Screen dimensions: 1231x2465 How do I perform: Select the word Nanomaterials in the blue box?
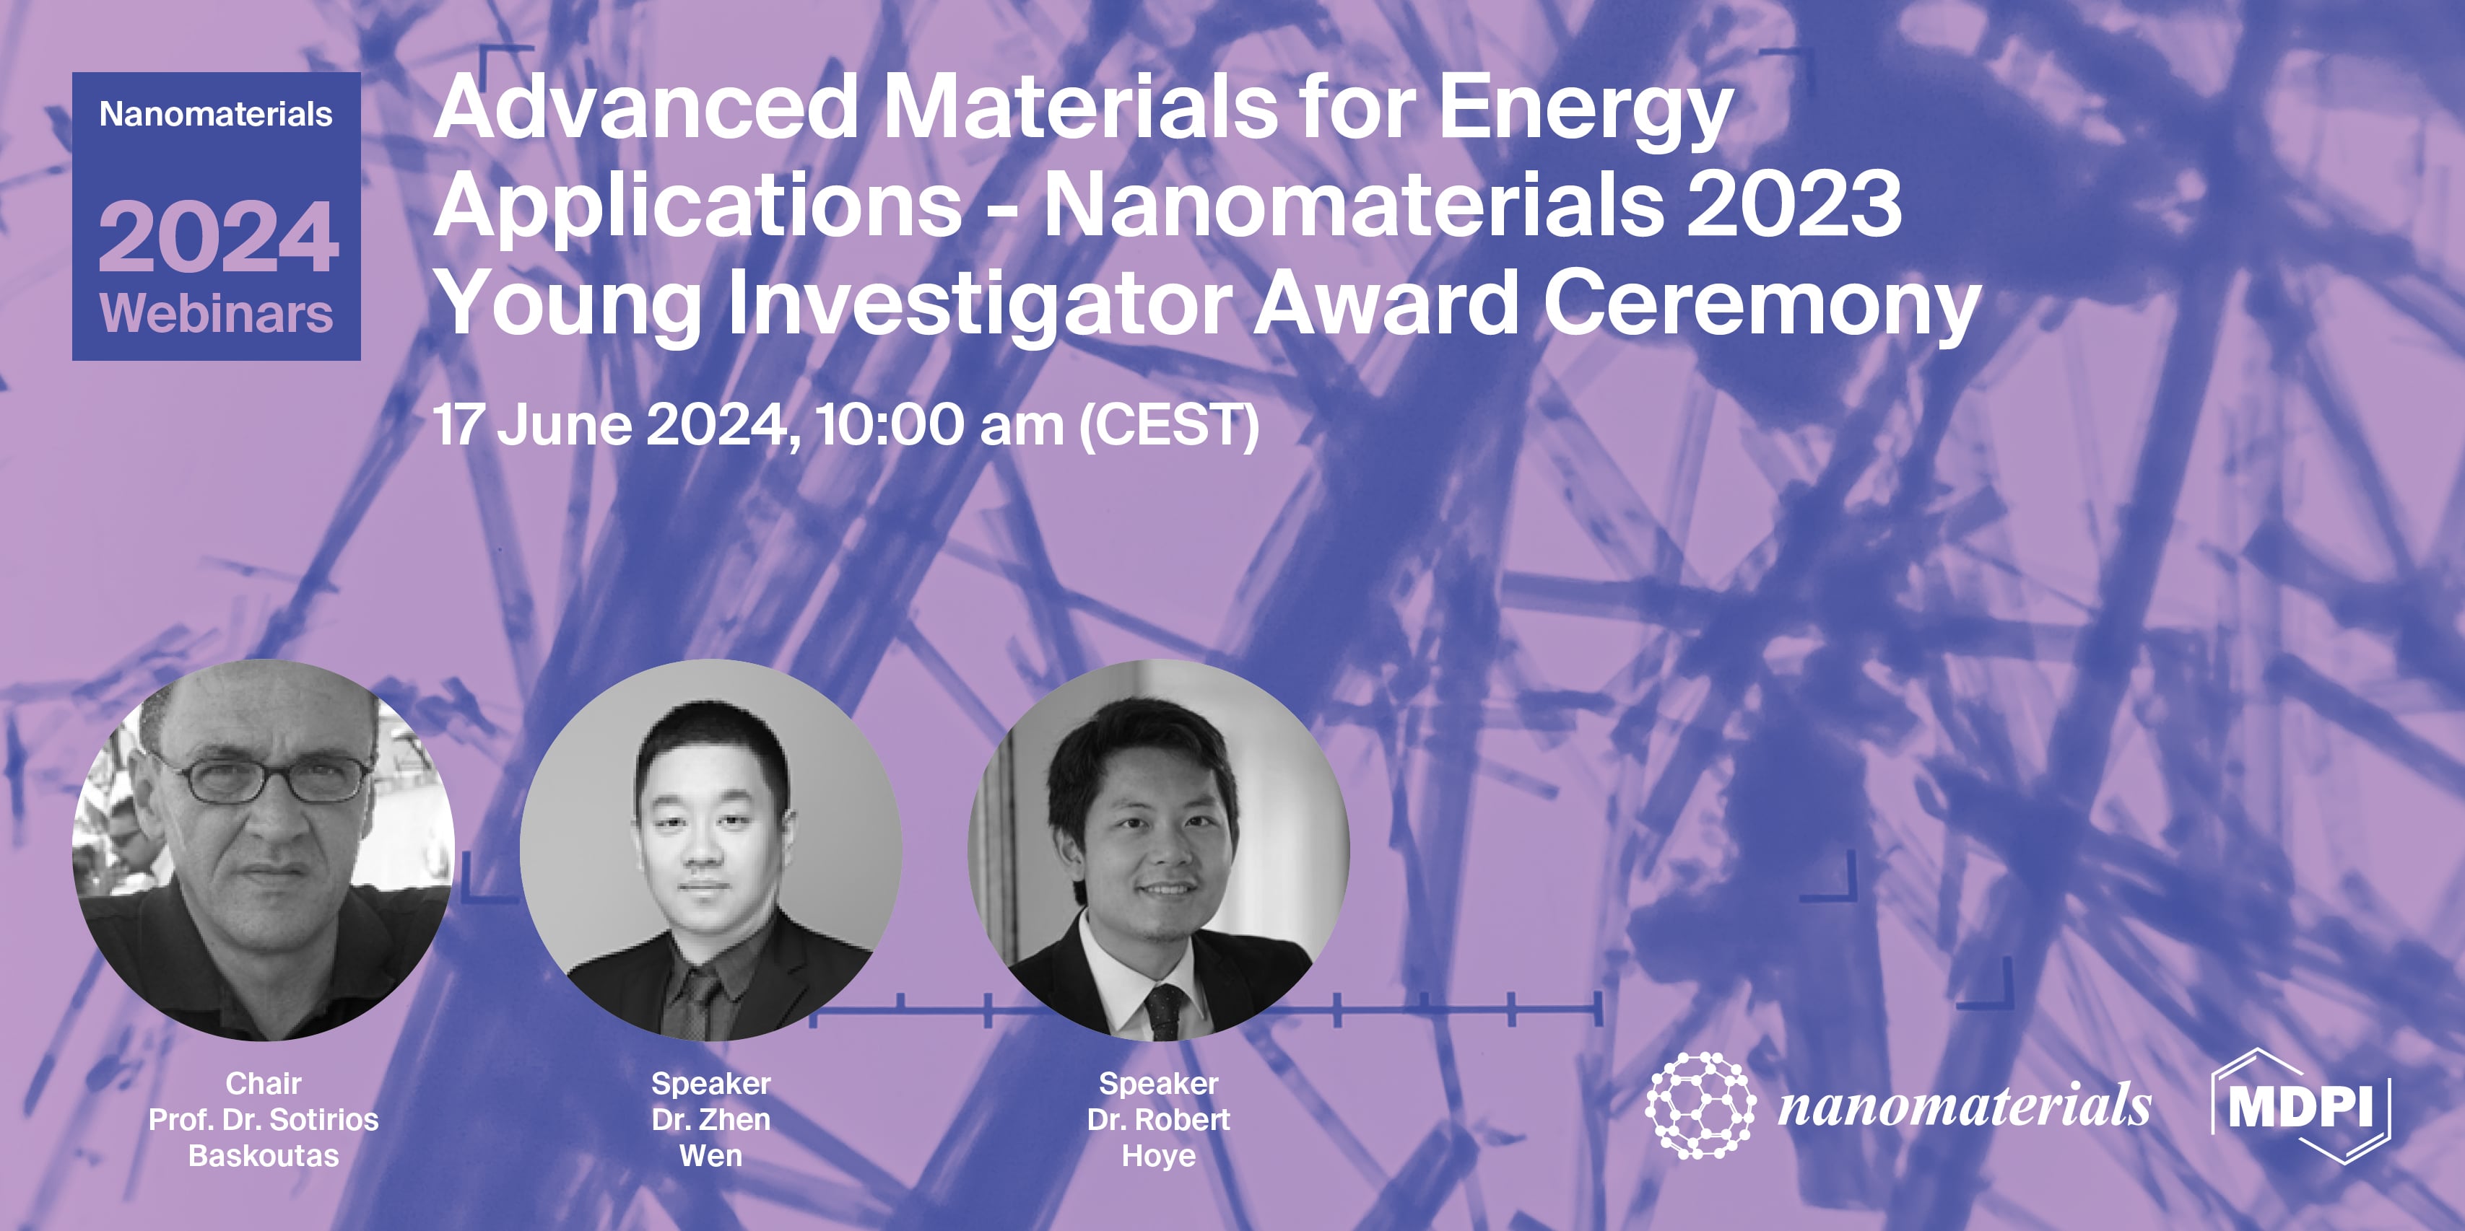[x=217, y=115]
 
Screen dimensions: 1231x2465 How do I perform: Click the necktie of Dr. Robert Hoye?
[x=1165, y=1011]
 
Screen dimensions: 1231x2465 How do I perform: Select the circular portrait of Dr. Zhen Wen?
[x=710, y=849]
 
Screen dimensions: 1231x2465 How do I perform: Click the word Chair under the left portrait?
[x=263, y=1084]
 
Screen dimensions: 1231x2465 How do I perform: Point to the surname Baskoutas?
[x=263, y=1157]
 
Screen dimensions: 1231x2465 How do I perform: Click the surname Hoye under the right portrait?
[x=1158, y=1157]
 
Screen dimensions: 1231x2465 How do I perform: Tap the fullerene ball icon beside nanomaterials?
[x=1700, y=1105]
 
